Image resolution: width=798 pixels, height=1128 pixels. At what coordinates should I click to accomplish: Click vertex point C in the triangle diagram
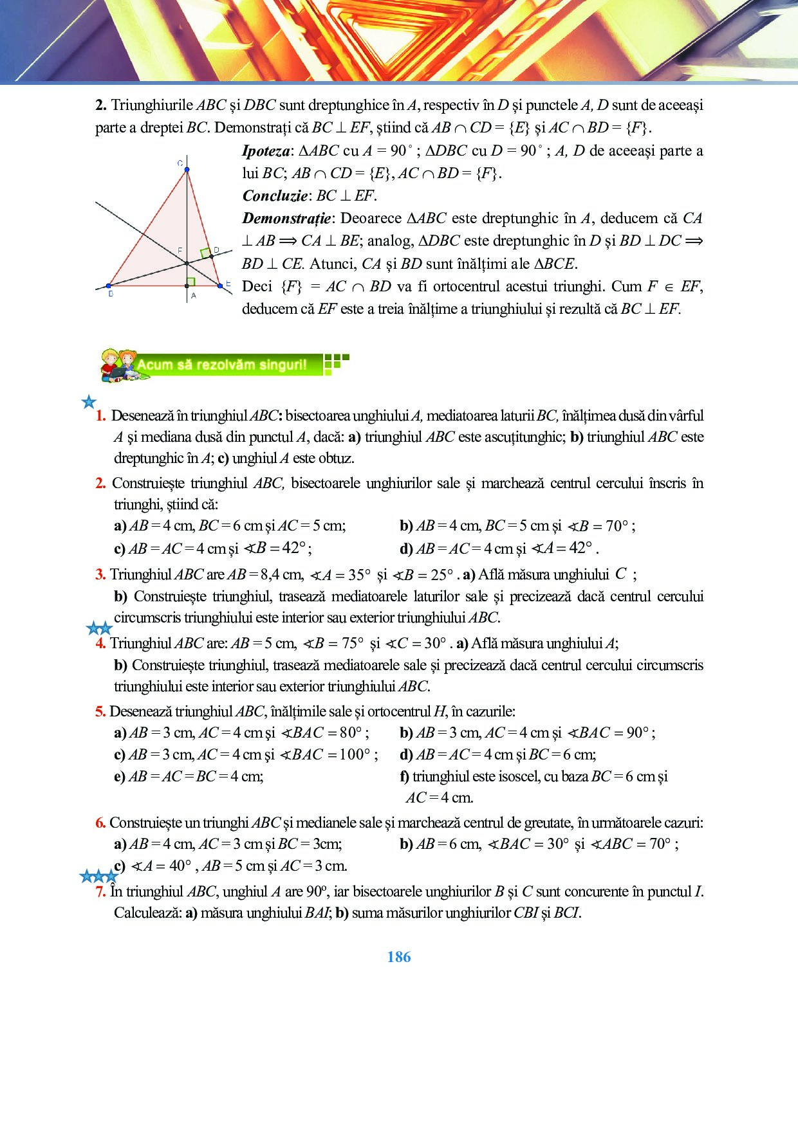click(x=187, y=170)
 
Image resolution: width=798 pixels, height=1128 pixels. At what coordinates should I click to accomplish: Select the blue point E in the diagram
click(x=220, y=285)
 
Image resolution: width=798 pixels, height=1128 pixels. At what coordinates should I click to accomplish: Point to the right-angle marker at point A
click(x=190, y=282)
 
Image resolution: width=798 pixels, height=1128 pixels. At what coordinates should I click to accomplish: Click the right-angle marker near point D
click(x=205, y=253)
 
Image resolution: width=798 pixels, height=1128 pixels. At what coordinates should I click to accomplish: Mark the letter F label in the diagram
click(x=180, y=250)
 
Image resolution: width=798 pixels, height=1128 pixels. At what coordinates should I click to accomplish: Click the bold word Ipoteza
click(x=266, y=151)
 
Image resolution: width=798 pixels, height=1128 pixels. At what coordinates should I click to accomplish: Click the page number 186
click(x=399, y=957)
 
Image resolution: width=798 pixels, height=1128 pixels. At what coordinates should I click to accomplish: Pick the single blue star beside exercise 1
click(x=89, y=403)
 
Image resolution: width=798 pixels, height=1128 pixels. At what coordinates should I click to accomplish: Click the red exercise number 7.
click(x=100, y=891)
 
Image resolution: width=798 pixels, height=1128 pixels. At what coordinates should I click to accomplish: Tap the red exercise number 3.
click(x=100, y=574)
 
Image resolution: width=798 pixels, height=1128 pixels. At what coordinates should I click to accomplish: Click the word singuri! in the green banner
click(x=283, y=365)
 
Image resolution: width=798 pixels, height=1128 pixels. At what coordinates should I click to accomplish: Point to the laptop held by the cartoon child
click(x=117, y=372)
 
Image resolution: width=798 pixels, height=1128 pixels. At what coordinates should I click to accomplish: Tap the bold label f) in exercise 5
click(x=405, y=776)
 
